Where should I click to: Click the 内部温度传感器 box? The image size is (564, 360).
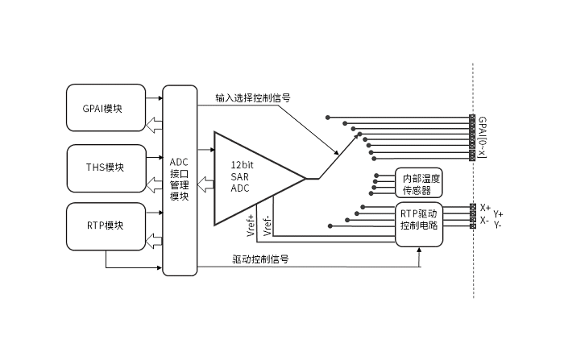(421, 184)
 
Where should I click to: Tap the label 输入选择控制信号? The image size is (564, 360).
(252, 98)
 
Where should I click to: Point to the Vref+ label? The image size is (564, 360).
(251, 228)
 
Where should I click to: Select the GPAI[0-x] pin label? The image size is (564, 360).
(482, 135)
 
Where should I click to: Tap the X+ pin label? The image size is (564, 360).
(485, 208)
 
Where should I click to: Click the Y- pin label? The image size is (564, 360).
(498, 226)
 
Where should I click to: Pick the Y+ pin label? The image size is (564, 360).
(498, 213)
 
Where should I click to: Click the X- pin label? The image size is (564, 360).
(485, 220)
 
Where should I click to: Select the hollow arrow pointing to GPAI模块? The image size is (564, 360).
(152, 123)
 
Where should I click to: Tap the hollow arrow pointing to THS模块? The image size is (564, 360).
(152, 182)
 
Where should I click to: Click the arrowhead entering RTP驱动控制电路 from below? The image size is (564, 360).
(419, 251)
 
